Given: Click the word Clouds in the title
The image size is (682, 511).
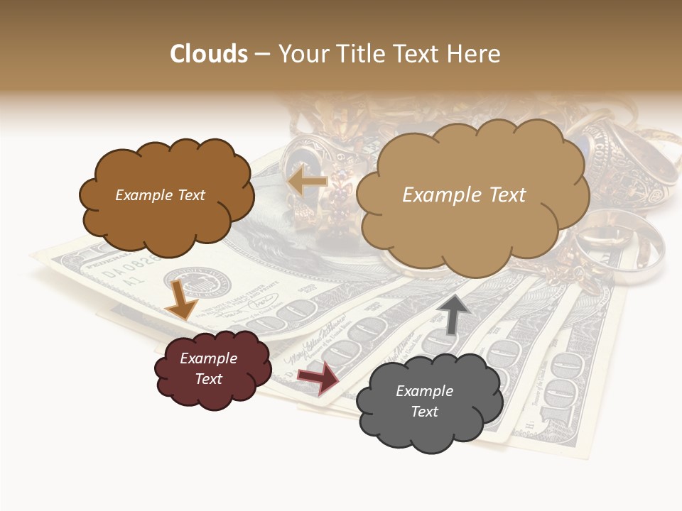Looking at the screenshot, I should coord(208,54).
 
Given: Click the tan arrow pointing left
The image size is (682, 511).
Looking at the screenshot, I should coord(306,182).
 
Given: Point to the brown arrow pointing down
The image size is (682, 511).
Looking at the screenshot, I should coord(180,300).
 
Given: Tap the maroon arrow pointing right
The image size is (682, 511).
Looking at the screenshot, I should coord(318,378).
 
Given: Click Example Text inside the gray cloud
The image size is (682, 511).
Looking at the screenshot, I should coord(424,401).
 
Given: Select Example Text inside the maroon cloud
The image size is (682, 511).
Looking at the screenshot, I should coord(208,368).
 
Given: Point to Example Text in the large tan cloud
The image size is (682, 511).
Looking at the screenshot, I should coord(464,195).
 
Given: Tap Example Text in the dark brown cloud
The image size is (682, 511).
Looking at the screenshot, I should coord(160,195).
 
